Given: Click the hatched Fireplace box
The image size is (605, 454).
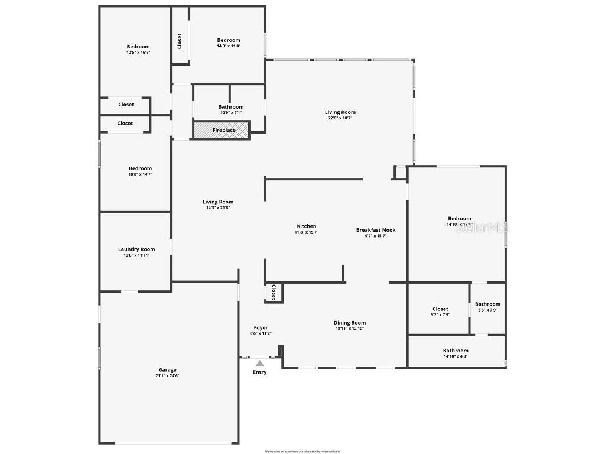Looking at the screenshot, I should pos(222,130).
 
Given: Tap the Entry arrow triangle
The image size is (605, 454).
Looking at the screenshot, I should pos(260,363).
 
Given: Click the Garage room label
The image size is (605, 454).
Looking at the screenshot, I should pos(167,370).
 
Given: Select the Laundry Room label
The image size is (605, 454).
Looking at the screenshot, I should pos(136,249).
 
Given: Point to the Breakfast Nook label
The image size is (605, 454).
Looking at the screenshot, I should pos(376,230).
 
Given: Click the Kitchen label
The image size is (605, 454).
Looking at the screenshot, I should pos(307,226).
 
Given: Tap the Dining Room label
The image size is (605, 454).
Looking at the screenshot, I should pos(350,323).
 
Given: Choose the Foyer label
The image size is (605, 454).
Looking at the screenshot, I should pos(261,327).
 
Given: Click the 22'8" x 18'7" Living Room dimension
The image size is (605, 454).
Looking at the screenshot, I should pos(340,118).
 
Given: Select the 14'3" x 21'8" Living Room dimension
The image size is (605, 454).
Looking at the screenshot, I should pos(218,208).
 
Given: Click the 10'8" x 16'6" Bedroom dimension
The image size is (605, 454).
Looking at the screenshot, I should pos(138,53).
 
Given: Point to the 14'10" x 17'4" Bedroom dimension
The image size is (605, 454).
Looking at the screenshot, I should pos(459,225).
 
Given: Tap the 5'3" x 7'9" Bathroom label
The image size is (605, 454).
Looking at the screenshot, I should pos(487,304).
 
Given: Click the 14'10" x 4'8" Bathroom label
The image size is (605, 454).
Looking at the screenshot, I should pos(456,351).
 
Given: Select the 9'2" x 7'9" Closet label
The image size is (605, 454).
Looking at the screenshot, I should pos(440,309).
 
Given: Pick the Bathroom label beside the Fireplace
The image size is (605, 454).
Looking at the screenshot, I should pos(230,107).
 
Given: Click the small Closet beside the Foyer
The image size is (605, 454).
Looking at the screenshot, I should pos(274,292).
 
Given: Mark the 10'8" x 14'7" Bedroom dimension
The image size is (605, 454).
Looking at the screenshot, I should pos(141,174).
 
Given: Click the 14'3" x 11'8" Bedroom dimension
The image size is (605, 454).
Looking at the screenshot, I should pos(229,46).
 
